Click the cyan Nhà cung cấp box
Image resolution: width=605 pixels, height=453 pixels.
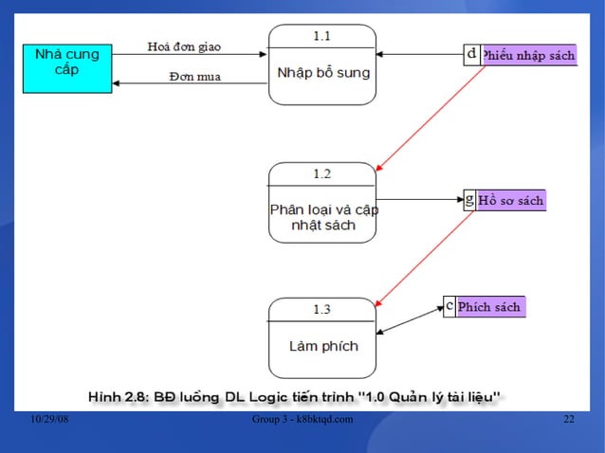(x=66, y=67)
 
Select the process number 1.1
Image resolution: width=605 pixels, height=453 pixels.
(x=322, y=35)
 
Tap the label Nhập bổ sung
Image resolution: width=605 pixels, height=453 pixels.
(x=322, y=73)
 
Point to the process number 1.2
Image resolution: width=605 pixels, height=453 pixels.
(x=322, y=173)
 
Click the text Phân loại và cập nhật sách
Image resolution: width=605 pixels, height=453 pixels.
(x=323, y=217)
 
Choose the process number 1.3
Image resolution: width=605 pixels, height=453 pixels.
(x=322, y=309)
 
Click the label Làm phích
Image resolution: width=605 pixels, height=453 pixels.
(x=323, y=346)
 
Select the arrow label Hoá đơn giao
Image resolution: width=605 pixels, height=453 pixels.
(x=184, y=46)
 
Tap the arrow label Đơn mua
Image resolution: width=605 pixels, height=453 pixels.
(x=194, y=76)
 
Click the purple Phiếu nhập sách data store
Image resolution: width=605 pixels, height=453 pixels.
(x=528, y=56)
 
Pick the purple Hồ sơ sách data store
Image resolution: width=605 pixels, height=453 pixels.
(x=511, y=200)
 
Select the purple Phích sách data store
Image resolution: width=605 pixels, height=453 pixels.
(x=489, y=307)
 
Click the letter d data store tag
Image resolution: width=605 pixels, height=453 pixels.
(x=472, y=55)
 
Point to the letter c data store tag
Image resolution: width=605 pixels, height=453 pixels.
(x=449, y=306)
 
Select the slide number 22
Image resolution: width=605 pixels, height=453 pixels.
(x=569, y=420)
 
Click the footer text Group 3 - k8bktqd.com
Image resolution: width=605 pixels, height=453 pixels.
(x=303, y=420)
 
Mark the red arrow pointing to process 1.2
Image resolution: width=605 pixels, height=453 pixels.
(x=431, y=118)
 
